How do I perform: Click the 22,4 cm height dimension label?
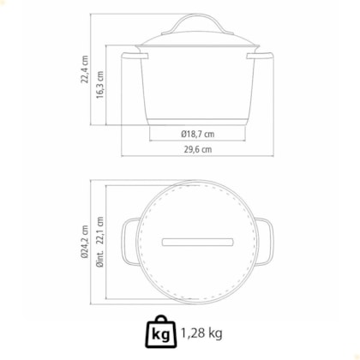click(85, 69)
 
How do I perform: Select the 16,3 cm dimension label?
click(99, 85)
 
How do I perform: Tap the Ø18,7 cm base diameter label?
click(197, 134)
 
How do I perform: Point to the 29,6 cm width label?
click(198, 149)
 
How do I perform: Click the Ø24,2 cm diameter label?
click(85, 242)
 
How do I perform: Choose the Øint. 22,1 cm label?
click(100, 242)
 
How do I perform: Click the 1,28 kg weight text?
click(201, 333)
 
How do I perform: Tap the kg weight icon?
click(161, 332)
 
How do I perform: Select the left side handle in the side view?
click(135, 56)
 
